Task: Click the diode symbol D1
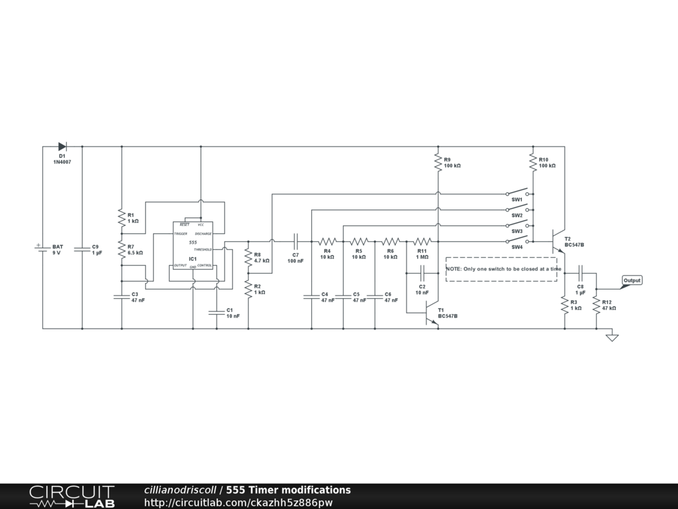point(62,146)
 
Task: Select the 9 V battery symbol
point(42,249)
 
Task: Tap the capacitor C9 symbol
point(82,249)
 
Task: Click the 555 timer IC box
point(193,245)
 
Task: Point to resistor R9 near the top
point(438,160)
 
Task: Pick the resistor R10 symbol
point(532,160)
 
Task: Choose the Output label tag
point(632,280)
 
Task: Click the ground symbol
point(612,337)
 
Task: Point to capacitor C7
point(296,241)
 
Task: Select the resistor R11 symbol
point(422,241)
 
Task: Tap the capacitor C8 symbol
point(580,272)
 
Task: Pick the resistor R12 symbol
point(596,304)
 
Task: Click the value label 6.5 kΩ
point(135,253)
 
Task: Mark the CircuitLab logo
point(72,496)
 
